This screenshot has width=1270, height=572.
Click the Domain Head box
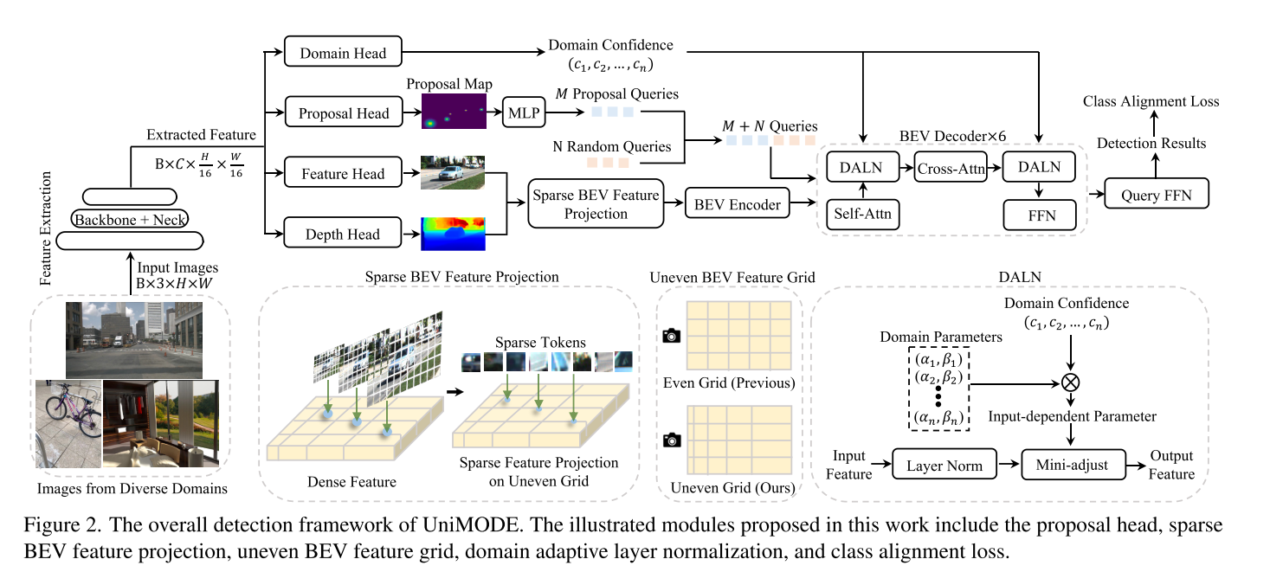point(343,54)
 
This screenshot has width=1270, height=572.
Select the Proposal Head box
point(344,113)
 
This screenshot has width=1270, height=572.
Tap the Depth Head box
point(343,234)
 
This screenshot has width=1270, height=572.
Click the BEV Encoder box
point(737,205)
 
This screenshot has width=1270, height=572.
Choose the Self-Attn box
point(861,213)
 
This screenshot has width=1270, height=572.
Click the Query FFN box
point(1157,195)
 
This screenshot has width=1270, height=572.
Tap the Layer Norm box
point(944,466)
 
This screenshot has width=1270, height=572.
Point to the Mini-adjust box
point(1073,466)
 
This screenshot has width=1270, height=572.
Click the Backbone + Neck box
point(131,219)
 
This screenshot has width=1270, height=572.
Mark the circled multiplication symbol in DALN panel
point(1073,381)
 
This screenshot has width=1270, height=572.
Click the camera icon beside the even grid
point(670,334)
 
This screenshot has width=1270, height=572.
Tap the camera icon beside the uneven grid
point(670,440)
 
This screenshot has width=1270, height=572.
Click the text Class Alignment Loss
point(1151,101)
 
